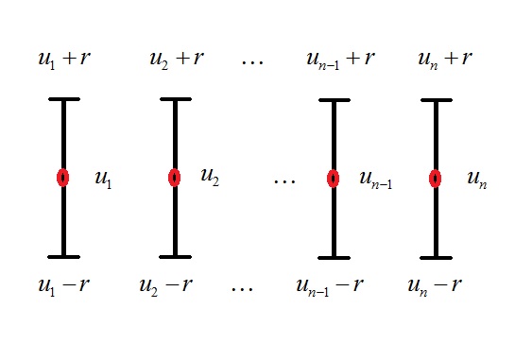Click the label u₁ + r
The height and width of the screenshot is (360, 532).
pyautogui.click(x=64, y=61)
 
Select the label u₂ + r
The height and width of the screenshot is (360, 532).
pyautogui.click(x=176, y=61)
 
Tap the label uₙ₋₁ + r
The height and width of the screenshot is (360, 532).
pyautogui.click(x=341, y=61)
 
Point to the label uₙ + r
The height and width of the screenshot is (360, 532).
pyautogui.click(x=445, y=61)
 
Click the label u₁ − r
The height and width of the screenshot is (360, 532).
pyautogui.click(x=64, y=284)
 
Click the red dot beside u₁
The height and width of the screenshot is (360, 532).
pyautogui.click(x=62, y=178)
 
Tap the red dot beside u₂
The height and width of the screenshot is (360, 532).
pyautogui.click(x=174, y=178)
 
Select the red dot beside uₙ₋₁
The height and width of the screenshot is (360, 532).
pyautogui.click(x=333, y=178)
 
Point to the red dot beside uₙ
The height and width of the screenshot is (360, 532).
pyautogui.click(x=435, y=178)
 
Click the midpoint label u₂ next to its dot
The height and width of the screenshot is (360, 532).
pyautogui.click(x=210, y=177)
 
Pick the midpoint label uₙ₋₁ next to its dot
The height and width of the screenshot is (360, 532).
pyautogui.click(x=375, y=180)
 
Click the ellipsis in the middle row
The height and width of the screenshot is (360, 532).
pyautogui.click(x=283, y=179)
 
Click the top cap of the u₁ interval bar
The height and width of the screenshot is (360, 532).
pyautogui.click(x=63, y=98)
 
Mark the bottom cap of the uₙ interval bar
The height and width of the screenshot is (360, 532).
pyautogui.click(x=435, y=256)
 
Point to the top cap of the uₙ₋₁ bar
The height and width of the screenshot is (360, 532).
pyautogui.click(x=333, y=98)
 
